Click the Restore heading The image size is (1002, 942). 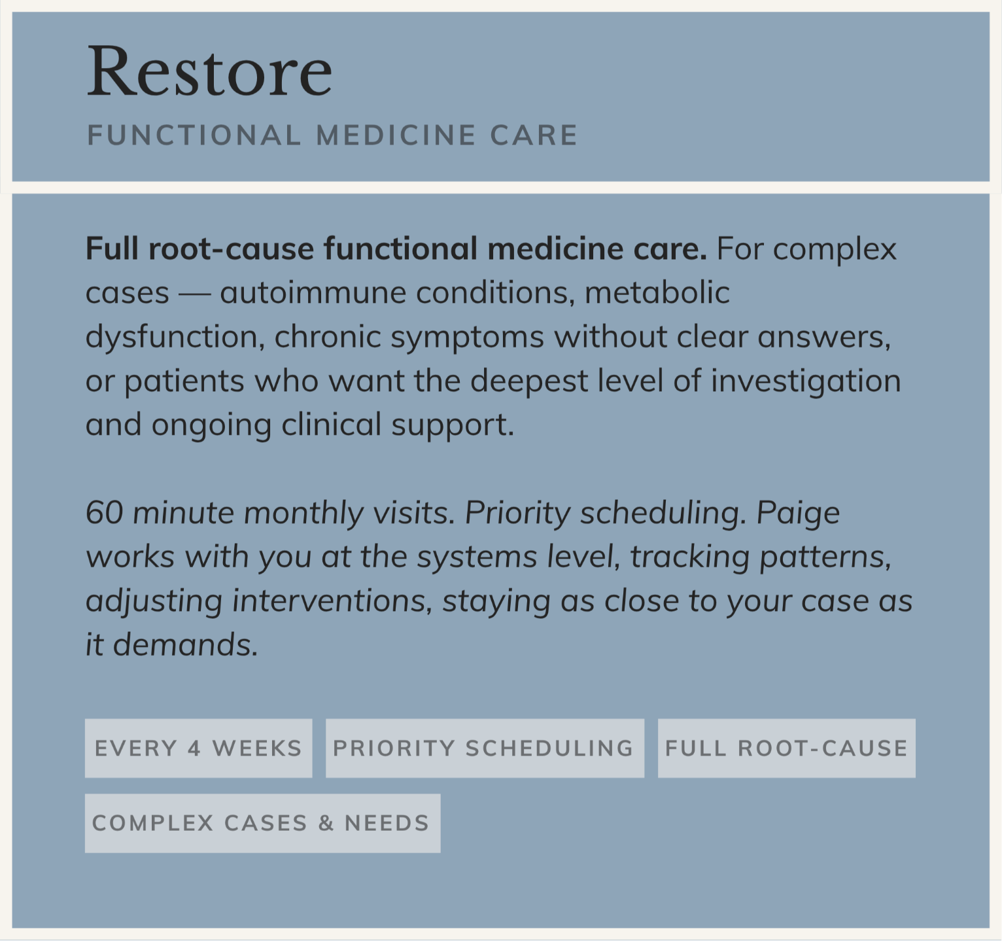pyautogui.click(x=209, y=71)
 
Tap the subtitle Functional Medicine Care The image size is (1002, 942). pyautogui.click(x=332, y=135)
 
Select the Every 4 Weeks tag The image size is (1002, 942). pyautogui.click(x=199, y=748)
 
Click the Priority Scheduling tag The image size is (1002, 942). pyautogui.click(x=485, y=748)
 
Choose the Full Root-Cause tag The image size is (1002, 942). pyautogui.click(x=787, y=748)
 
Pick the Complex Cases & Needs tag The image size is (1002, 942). pyautogui.click(x=262, y=823)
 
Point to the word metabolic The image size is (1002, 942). pyautogui.click(x=657, y=293)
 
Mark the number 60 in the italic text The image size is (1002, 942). pyautogui.click(x=104, y=513)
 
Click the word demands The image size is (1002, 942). pyautogui.click(x=186, y=646)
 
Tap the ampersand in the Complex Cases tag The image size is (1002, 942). pyautogui.click(x=326, y=823)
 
